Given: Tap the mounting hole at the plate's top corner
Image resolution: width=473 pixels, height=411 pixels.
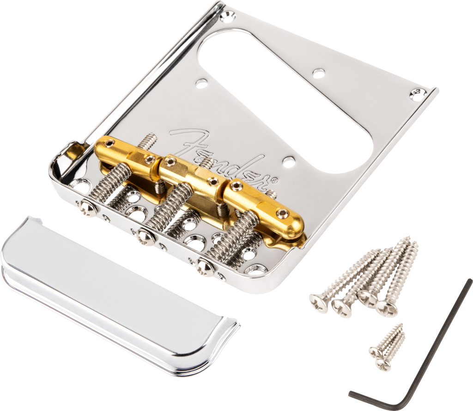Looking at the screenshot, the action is click(227, 15).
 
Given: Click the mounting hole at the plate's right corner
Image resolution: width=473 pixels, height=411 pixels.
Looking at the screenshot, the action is click(418, 92).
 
